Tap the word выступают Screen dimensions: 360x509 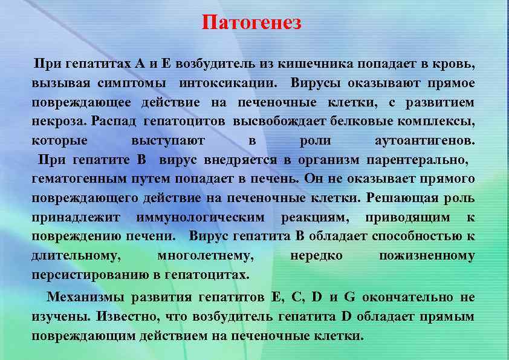[167, 140]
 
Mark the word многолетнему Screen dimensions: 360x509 [205, 256]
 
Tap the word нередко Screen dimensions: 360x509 [316, 256]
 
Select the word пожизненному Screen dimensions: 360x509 [426, 256]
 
